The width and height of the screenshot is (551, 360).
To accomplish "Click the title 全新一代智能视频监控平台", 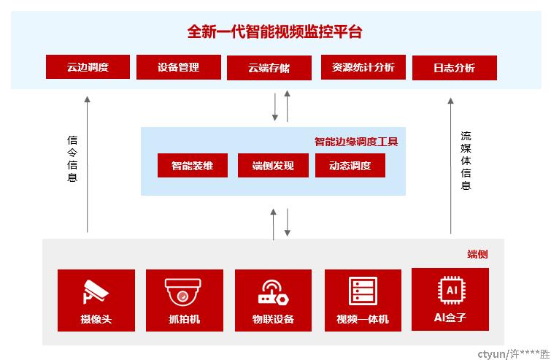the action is [x=274, y=31].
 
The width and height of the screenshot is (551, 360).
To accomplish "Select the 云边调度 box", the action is [x=88, y=66].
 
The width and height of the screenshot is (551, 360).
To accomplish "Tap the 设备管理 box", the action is [x=179, y=67].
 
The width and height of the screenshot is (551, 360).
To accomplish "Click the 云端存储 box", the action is [x=269, y=68].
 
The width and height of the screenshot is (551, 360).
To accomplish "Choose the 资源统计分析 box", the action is [x=363, y=67].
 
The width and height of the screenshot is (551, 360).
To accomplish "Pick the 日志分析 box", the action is [x=455, y=68].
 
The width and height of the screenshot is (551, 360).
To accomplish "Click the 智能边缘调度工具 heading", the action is [x=356, y=142].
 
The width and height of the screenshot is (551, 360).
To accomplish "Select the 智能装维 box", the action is [x=193, y=165].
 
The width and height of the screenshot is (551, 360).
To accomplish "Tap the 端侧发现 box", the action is [x=273, y=165].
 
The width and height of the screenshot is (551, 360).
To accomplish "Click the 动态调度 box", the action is [x=350, y=165].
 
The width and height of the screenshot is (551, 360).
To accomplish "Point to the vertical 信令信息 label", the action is [x=72, y=158].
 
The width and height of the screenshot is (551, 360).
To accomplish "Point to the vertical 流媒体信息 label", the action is [x=466, y=161].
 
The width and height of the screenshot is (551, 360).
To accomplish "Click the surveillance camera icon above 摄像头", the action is [x=96, y=291].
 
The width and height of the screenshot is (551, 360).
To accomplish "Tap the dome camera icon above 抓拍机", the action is [x=182, y=292].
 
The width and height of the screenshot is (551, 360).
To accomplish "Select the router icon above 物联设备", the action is [x=273, y=292].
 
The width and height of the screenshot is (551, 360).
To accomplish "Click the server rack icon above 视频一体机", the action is [x=363, y=291].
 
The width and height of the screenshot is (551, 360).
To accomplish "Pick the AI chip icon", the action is [x=452, y=290].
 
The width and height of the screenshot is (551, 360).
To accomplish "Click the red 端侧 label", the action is [x=477, y=254].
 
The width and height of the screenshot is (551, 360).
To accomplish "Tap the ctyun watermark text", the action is [x=513, y=353].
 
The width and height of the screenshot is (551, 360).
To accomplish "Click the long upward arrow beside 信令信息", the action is [x=87, y=164].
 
